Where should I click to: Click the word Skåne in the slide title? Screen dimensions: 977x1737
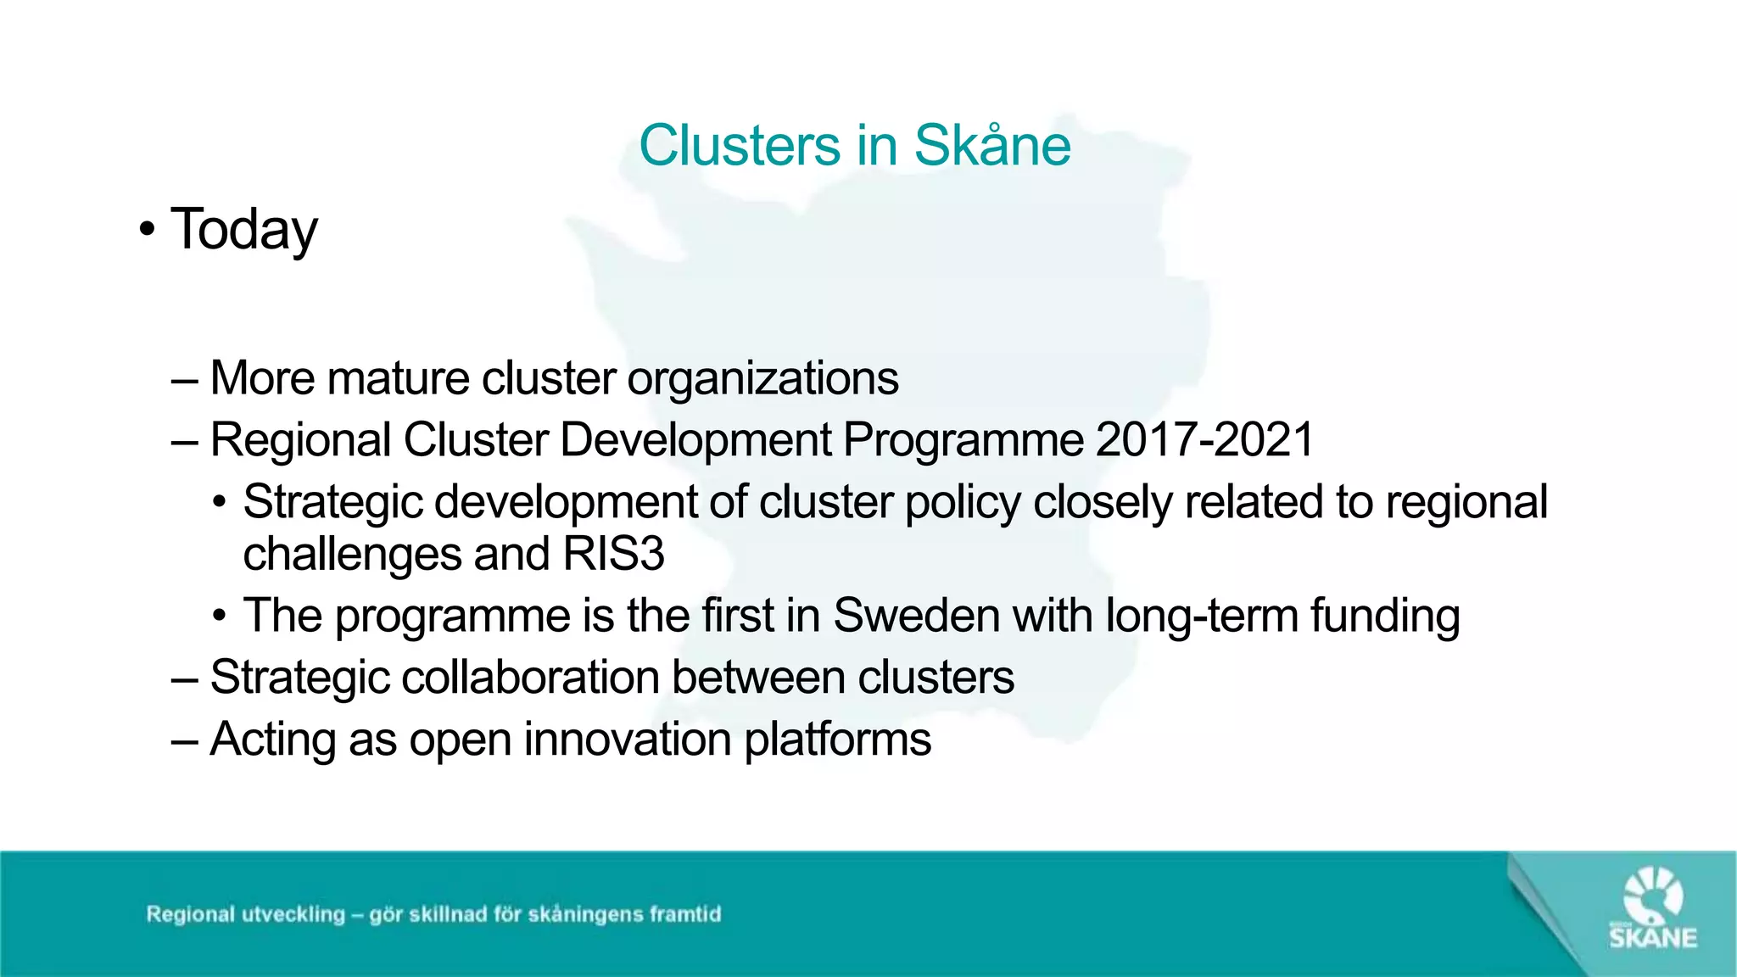[x=992, y=146]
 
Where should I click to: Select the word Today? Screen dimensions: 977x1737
[x=244, y=229]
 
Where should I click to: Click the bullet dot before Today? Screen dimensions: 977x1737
[x=148, y=229]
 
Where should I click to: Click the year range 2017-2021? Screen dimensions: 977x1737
[x=1204, y=440]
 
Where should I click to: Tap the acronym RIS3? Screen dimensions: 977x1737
[x=614, y=555]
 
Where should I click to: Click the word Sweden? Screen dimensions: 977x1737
[x=917, y=616]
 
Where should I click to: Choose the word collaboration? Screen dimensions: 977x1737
[x=530, y=678]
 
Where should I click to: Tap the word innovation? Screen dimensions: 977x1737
[x=628, y=740]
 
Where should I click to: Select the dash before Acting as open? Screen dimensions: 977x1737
[x=184, y=740]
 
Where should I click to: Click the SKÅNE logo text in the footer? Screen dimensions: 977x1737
[x=1653, y=938]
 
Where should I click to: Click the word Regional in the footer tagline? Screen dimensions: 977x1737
[x=190, y=914]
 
